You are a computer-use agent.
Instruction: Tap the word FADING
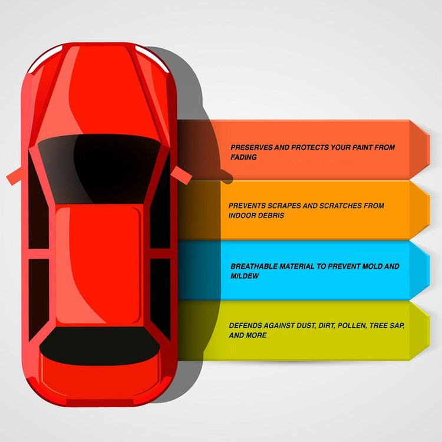click(x=243, y=157)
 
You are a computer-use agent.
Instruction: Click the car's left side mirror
click(x=14, y=176)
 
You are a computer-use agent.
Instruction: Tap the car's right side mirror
click(x=182, y=175)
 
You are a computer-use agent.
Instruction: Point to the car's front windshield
click(x=99, y=169)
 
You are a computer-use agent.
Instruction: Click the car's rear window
click(x=100, y=346)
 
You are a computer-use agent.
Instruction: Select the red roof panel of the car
click(x=98, y=266)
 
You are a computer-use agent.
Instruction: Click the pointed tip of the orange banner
click(x=430, y=209)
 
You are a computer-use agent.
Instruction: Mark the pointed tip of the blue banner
click(x=430, y=270)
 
